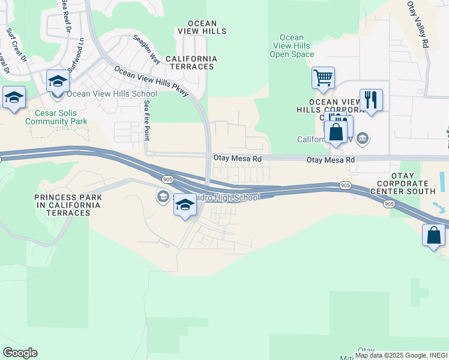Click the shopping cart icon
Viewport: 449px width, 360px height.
tap(323, 78)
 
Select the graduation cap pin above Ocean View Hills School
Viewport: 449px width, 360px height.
tap(58, 81)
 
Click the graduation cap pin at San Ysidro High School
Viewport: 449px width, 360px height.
tap(185, 206)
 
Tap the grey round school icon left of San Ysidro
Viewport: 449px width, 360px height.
tap(163, 197)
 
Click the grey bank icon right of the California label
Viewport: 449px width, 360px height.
tap(363, 139)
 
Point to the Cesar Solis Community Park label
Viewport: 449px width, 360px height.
tap(56, 117)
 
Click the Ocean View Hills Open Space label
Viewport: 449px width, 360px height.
tap(292, 46)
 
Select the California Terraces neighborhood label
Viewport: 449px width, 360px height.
tap(190, 62)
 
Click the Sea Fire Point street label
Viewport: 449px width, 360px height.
tap(146, 120)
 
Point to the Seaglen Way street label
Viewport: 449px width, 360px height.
tap(146, 49)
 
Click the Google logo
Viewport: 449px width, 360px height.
tap(20, 352)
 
